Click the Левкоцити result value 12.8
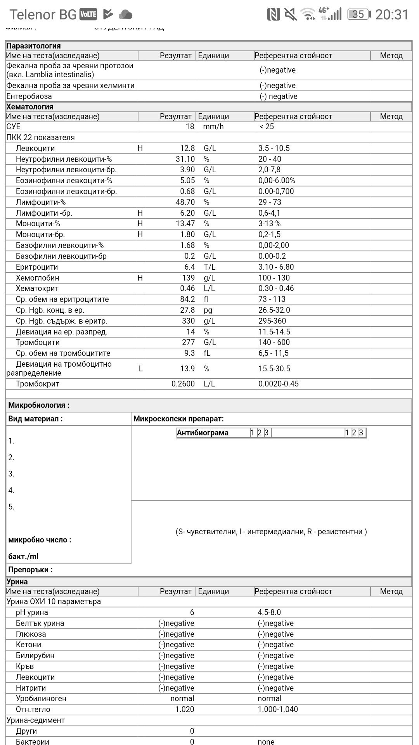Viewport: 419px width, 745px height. pyautogui.click(x=187, y=148)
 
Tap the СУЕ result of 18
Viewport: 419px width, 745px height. pyautogui.click(x=190, y=126)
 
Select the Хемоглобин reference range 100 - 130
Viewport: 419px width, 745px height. pyautogui.click(x=274, y=278)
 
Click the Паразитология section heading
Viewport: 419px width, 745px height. pyautogui.click(x=33, y=46)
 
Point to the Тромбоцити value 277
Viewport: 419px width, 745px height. pyautogui.click(x=188, y=342)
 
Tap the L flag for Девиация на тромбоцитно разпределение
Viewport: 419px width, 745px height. pyautogui.click(x=140, y=369)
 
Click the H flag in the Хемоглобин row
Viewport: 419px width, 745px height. pyautogui.click(x=140, y=278)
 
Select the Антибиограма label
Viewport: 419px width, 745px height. pyautogui.click(x=203, y=433)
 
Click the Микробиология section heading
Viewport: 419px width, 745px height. pyautogui.click(x=39, y=405)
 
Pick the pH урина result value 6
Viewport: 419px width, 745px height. pyautogui.click(x=192, y=612)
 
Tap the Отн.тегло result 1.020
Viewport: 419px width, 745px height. pyautogui.click(x=184, y=709)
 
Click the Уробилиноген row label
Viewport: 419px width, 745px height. pyautogui.click(x=41, y=698)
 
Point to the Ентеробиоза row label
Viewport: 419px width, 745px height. pyautogui.click(x=29, y=96)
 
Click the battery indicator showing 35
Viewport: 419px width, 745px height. pyautogui.click(x=358, y=14)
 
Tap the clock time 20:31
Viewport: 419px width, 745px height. pyautogui.click(x=392, y=14)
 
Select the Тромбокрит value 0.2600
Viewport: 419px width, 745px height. pyautogui.click(x=183, y=384)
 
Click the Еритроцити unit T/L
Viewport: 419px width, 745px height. pyautogui.click(x=209, y=267)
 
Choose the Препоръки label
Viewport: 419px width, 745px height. pyautogui.click(x=30, y=570)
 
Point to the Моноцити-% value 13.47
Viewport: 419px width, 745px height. pyautogui.click(x=185, y=223)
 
